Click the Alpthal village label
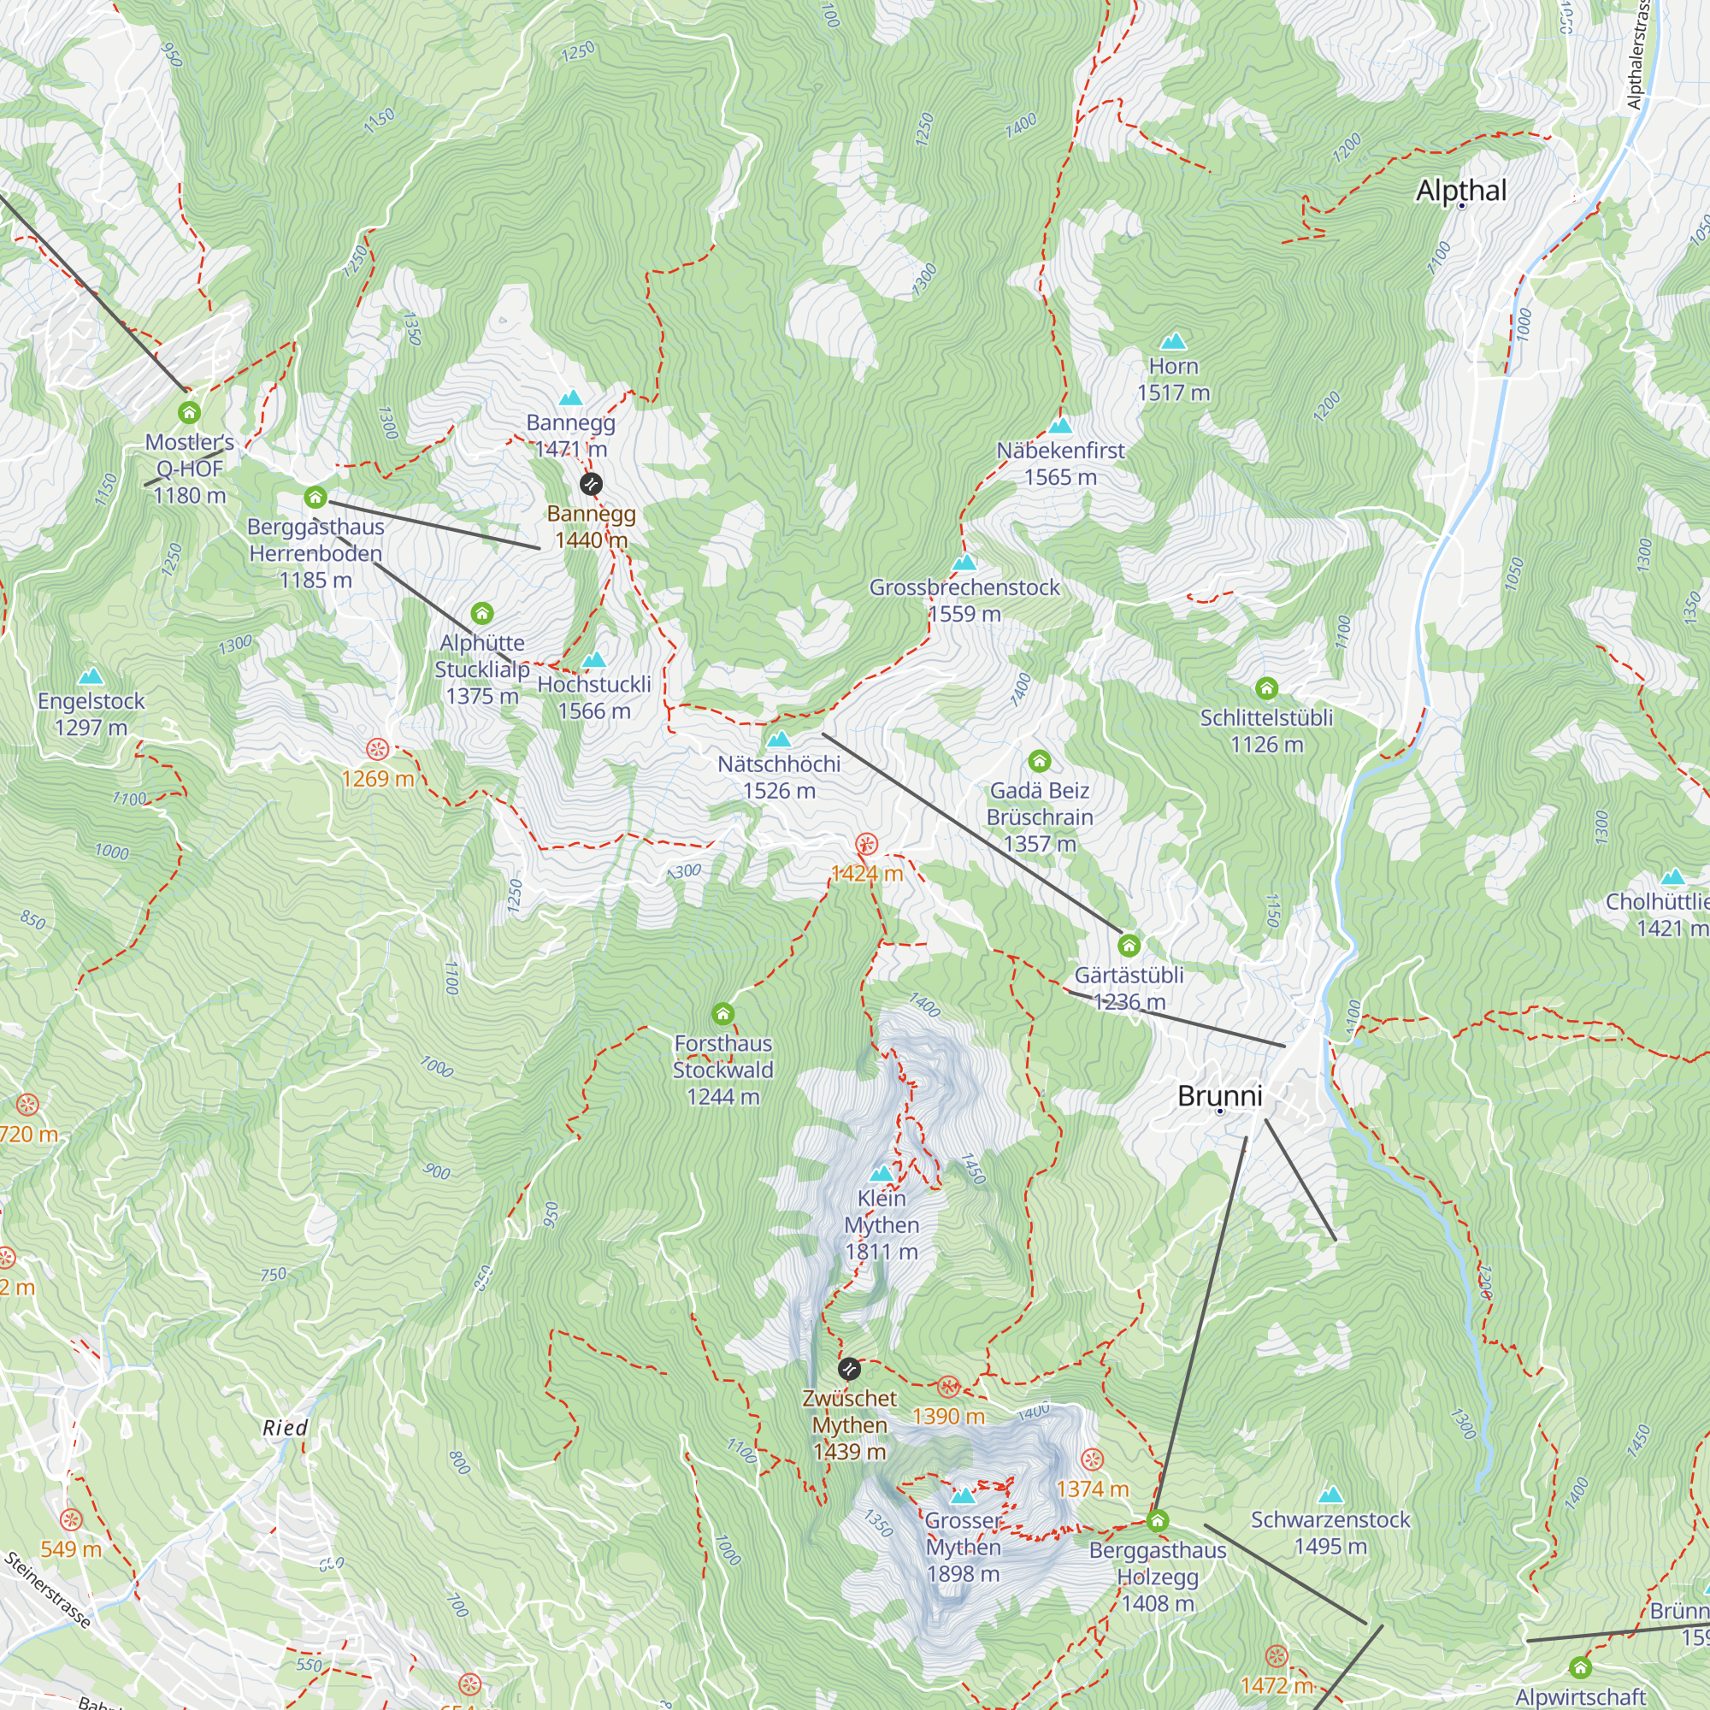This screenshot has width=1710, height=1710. coord(1460,191)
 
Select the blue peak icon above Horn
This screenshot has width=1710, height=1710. coord(1173,341)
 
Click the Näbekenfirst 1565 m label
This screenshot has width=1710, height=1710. coord(1060,463)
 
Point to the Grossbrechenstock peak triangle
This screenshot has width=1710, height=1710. coord(964,562)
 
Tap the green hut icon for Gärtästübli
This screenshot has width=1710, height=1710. coord(1128,946)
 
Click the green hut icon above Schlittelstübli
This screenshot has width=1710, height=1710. coord(1265,687)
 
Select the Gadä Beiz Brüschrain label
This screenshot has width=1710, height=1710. coord(1039,816)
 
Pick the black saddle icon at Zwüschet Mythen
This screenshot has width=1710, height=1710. coord(849,1369)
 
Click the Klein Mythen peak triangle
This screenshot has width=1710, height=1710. coord(881,1174)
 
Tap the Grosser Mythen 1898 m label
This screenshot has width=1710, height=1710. coord(963,1546)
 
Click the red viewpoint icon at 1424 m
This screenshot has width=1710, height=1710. coord(865,844)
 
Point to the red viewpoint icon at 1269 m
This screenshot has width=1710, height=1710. coord(378,750)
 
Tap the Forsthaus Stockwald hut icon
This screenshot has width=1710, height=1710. coord(722,1013)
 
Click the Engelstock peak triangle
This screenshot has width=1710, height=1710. coord(91,677)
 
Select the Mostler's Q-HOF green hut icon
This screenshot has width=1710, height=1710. coord(188,412)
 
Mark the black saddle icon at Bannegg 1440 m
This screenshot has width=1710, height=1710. coord(590,483)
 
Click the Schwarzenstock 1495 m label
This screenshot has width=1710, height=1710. coord(1330,1532)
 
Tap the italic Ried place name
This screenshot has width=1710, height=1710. coord(285,1427)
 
